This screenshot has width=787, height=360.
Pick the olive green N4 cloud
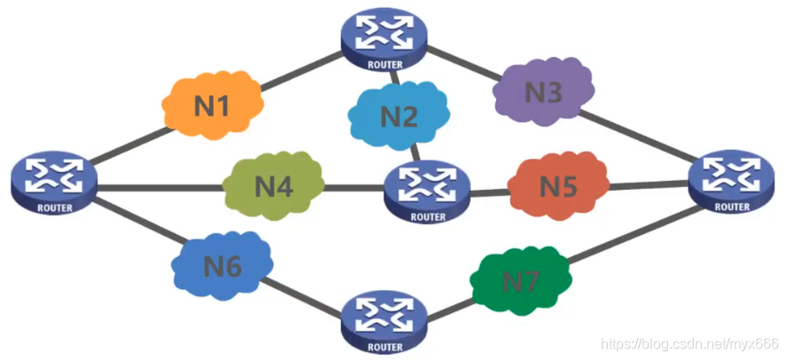272,186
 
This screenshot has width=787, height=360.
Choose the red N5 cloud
558,186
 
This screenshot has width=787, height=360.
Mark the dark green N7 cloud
520,282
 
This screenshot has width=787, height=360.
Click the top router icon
382,37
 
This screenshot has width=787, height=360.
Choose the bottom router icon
382,320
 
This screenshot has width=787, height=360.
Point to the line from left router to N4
160,187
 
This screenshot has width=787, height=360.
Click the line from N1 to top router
302,70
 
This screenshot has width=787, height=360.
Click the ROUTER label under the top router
382,64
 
